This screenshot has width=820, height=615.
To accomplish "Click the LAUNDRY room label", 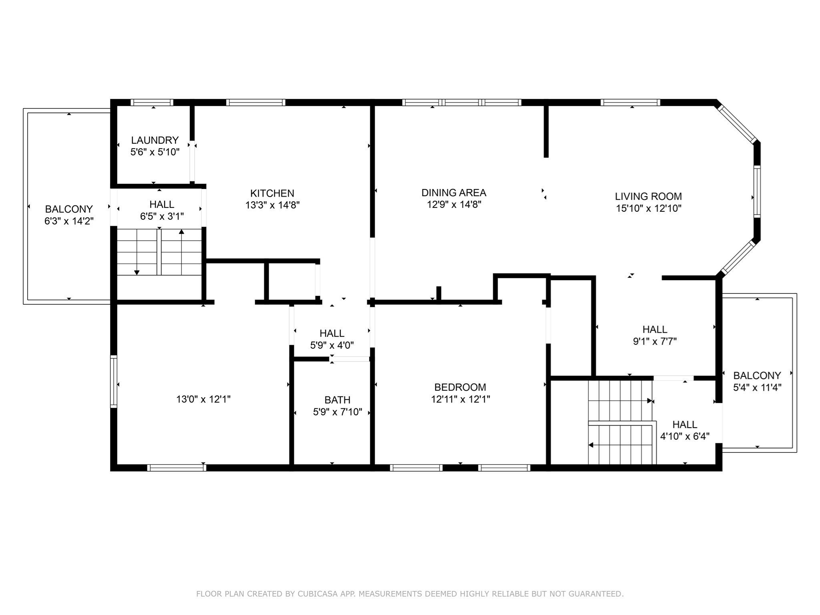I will [155, 141].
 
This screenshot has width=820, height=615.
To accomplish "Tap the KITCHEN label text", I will [272, 193].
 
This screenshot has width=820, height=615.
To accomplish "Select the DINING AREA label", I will [454, 193].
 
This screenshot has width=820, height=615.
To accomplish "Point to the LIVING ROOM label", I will [648, 197].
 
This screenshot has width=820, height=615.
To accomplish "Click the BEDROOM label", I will [460, 387].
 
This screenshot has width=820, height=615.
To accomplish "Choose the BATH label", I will [337, 400].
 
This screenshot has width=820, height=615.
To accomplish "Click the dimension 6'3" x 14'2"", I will [69, 221].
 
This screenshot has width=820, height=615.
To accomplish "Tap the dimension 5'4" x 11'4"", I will [757, 388].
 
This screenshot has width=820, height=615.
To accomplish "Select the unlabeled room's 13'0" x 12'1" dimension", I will [203, 399].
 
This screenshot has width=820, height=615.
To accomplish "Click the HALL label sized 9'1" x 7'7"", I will [655, 330].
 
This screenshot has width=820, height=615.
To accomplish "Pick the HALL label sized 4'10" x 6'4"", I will [685, 424].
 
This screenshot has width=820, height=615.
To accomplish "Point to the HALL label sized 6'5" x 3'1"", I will [162, 205].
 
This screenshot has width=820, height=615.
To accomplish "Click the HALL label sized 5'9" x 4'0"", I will [332, 334].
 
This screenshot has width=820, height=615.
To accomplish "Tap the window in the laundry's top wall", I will [152, 102].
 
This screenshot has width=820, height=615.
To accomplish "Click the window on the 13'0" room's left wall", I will [114, 382].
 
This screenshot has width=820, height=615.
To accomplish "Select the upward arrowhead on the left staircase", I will [181, 231].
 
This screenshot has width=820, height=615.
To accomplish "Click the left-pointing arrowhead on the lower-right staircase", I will [591, 445].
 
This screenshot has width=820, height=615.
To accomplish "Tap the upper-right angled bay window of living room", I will [737, 123].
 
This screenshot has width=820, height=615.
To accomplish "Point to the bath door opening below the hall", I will [350, 359].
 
